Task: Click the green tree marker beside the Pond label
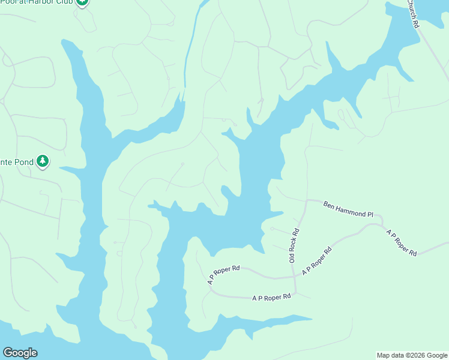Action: click(43, 161)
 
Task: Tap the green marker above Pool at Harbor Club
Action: click(82, 2)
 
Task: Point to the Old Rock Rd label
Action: click(294, 245)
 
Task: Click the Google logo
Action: click(20, 353)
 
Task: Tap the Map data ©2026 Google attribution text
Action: click(412, 355)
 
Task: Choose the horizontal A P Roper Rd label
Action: click(271, 297)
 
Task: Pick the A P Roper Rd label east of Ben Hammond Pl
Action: click(402, 242)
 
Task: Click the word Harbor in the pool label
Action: click(50, 2)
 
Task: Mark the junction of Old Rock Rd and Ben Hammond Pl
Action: click(307, 200)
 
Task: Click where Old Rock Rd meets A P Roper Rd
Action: click(295, 277)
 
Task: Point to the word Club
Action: click(67, 2)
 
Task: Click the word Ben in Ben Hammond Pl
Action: click(329, 205)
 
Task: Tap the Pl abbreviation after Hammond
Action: click(370, 213)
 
